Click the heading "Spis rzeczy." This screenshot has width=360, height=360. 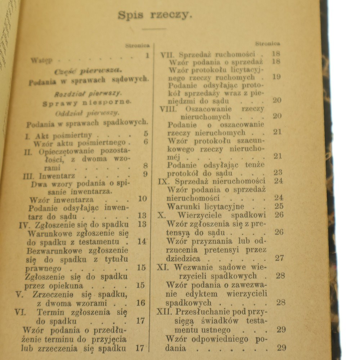(x=155, y=15)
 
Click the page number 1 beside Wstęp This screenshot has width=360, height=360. (x=147, y=55)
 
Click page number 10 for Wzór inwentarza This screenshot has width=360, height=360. (x=143, y=199)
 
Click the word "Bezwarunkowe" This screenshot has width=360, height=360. (x=55, y=251)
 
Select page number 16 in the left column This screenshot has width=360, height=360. (x=141, y=303)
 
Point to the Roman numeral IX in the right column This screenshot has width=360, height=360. (x=163, y=181)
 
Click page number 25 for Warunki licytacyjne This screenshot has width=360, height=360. (x=279, y=207)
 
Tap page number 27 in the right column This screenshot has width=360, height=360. (x=279, y=258)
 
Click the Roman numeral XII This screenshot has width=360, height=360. (x=165, y=311)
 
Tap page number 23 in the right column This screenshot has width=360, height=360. (x=278, y=172)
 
